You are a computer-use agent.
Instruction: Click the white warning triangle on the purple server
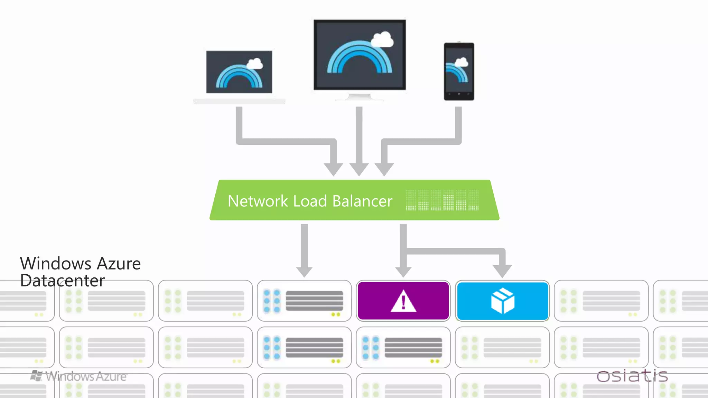pyautogui.click(x=403, y=302)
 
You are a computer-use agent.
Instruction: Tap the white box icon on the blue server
pyautogui.click(x=503, y=301)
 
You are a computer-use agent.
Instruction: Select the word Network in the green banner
pyautogui.click(x=258, y=201)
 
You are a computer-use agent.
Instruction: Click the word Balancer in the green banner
pyautogui.click(x=362, y=201)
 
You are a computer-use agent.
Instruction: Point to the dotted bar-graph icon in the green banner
pyautogui.click(x=442, y=200)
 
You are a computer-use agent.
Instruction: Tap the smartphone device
pyautogui.click(x=459, y=72)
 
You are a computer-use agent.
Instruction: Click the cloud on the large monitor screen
pyautogui.click(x=382, y=39)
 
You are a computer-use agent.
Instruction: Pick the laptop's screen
pyautogui.click(x=239, y=72)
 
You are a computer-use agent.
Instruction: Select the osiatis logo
pyautogui.click(x=632, y=376)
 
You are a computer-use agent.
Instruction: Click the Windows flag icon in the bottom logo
pyautogui.click(x=36, y=376)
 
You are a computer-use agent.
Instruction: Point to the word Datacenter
pyautogui.click(x=62, y=281)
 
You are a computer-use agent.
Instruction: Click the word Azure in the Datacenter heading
pyautogui.click(x=119, y=264)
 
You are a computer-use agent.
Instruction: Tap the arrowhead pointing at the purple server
pyautogui.click(x=403, y=272)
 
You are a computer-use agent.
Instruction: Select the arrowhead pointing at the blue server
pyautogui.click(x=502, y=271)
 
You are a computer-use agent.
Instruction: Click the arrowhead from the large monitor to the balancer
pyautogui.click(x=359, y=169)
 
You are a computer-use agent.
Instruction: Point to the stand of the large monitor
pyautogui.click(x=359, y=97)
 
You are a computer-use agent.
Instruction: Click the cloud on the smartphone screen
pyautogui.click(x=461, y=63)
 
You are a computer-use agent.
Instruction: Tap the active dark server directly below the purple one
pyautogui.click(x=403, y=348)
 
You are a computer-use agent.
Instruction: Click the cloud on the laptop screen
pyautogui.click(x=255, y=64)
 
